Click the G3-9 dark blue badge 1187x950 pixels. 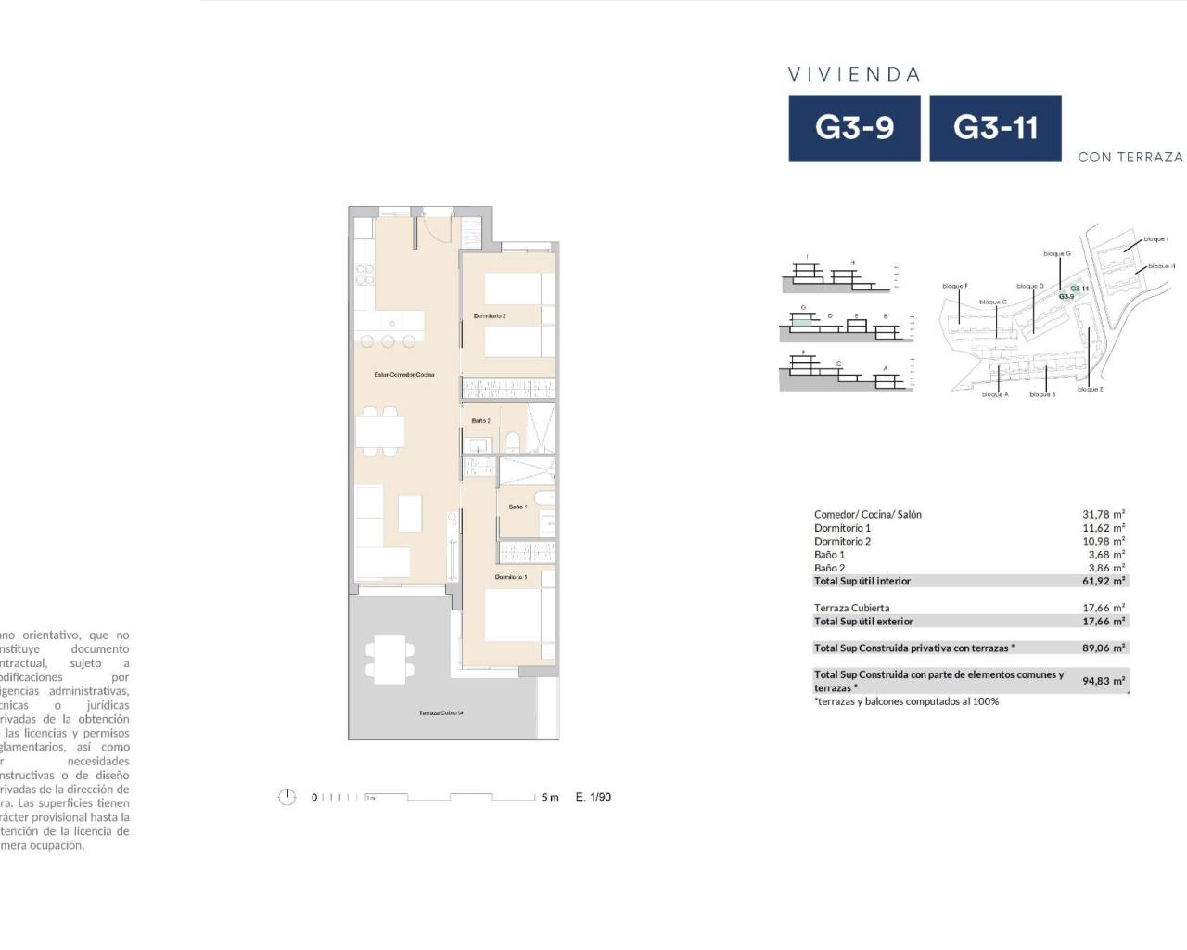click(854, 128)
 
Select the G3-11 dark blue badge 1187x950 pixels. click(995, 128)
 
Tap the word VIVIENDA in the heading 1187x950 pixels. click(854, 74)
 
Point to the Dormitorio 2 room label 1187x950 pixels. click(490, 316)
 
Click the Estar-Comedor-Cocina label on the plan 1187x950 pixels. click(404, 375)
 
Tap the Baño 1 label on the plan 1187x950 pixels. click(517, 507)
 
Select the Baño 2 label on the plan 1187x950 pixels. click(480, 421)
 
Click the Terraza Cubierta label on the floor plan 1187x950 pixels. click(440, 712)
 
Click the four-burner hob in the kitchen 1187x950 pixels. click(365, 275)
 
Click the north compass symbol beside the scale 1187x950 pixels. click(287, 797)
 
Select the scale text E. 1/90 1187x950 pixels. click(593, 797)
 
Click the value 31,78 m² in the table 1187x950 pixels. click(1104, 514)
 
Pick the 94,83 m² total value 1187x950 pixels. click(1104, 681)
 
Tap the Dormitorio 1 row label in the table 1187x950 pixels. click(842, 528)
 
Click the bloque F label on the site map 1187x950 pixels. click(954, 286)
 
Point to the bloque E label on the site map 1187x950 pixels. click(1090, 390)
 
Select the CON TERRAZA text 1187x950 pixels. click(1130, 158)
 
